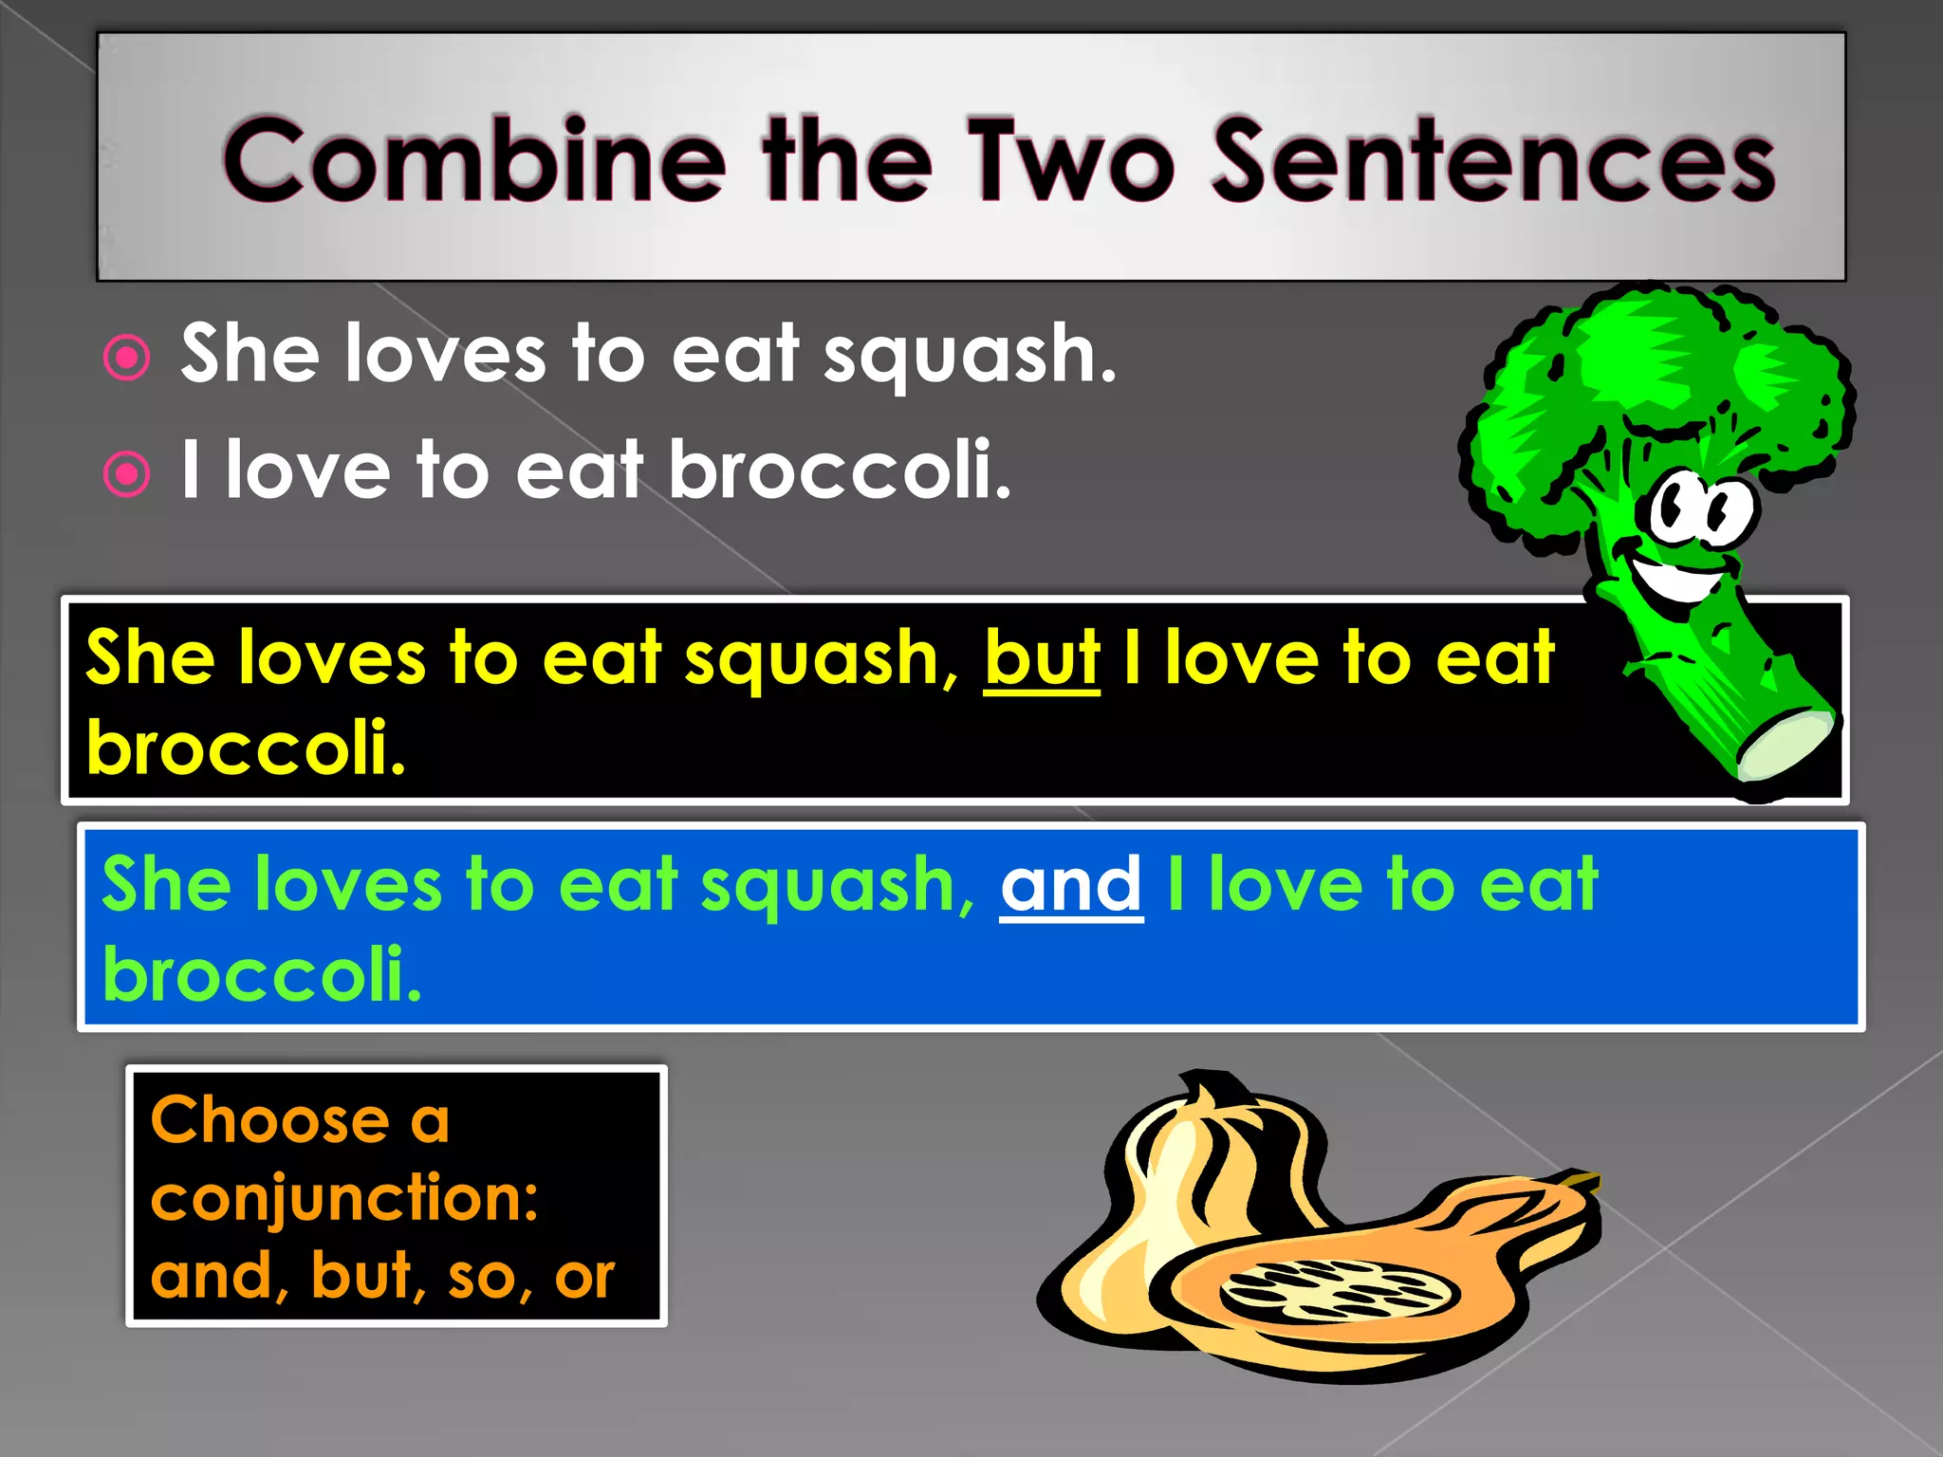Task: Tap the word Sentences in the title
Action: [x=1494, y=161]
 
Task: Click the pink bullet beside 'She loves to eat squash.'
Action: [x=127, y=359]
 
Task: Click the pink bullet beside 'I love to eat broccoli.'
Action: [x=127, y=474]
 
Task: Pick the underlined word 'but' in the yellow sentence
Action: [x=1042, y=658]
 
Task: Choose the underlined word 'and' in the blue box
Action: [x=1071, y=885]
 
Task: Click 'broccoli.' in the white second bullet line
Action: [x=841, y=470]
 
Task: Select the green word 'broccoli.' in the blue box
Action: [x=262, y=974]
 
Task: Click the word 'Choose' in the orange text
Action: [x=270, y=1120]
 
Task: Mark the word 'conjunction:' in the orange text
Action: [x=344, y=1198]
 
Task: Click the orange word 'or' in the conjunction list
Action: [x=584, y=1277]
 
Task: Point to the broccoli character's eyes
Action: [x=1703, y=508]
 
